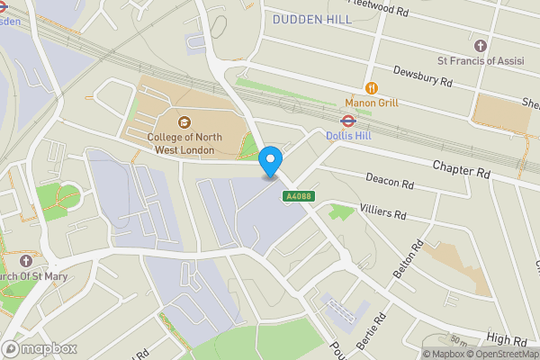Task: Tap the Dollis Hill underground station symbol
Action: [347, 121]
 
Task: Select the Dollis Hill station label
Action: [348, 136]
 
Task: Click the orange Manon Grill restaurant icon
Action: [372, 87]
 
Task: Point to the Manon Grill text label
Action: [372, 103]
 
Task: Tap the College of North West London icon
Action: [184, 122]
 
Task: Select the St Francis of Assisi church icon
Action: [481, 45]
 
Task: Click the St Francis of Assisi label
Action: [481, 61]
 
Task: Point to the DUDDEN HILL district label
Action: [310, 18]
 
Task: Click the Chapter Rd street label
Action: [460, 167]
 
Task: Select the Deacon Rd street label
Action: [390, 183]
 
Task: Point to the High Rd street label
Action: [507, 339]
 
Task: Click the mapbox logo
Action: [39, 348]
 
